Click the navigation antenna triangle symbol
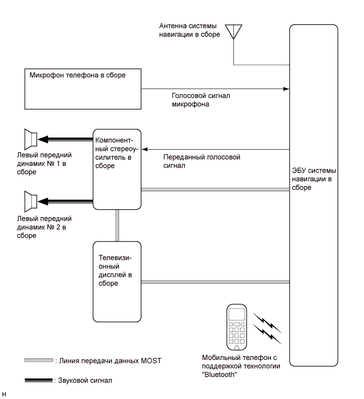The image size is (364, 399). (x=232, y=32)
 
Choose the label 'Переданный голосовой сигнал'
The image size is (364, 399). (x=202, y=161)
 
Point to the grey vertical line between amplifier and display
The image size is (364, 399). (x=117, y=225)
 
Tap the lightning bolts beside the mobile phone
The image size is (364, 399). (x=267, y=325)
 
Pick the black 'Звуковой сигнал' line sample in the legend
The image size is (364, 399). (x=38, y=379)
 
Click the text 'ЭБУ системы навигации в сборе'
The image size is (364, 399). (x=314, y=180)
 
